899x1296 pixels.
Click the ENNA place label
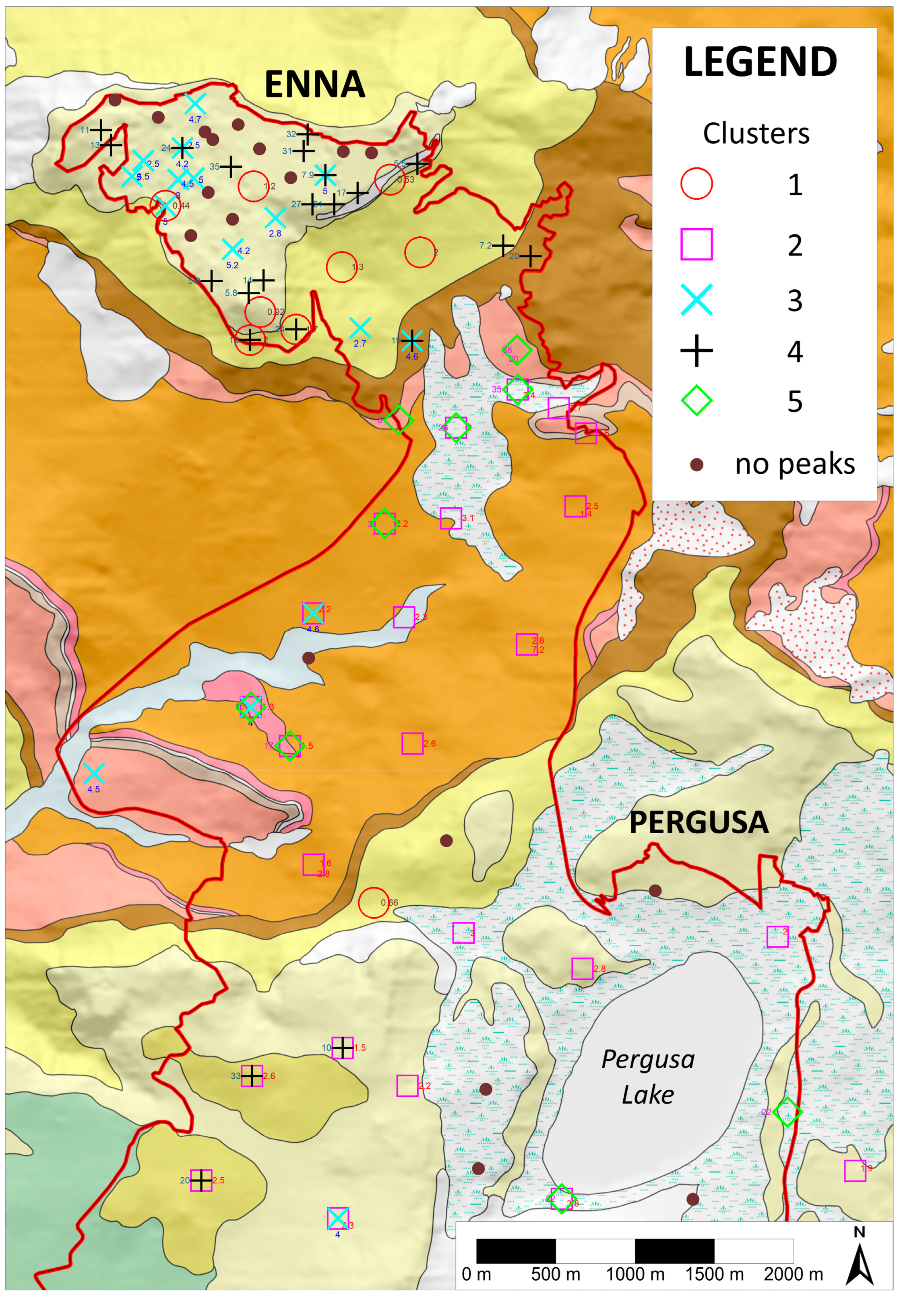pyautogui.click(x=314, y=85)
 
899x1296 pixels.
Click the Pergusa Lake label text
pyautogui.click(x=648, y=1076)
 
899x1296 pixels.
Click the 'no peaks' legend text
pyautogui.click(x=794, y=464)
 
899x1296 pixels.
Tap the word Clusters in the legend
pyautogui.click(x=756, y=134)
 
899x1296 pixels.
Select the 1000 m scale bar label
pyautogui.click(x=635, y=1273)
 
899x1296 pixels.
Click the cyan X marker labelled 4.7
pyautogui.click(x=195, y=104)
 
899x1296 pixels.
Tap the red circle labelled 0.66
pyautogui.click(x=374, y=902)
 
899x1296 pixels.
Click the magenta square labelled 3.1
pyautogui.click(x=451, y=518)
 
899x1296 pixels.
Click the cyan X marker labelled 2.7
pyautogui.click(x=360, y=328)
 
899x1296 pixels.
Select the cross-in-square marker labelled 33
pyautogui.click(x=252, y=1076)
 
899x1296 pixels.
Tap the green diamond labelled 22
pyautogui.click(x=787, y=1112)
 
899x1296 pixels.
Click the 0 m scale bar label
pyautogui.click(x=476, y=1273)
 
